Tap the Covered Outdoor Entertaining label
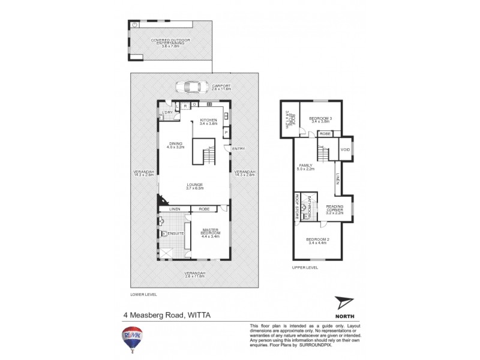[x=170, y=41]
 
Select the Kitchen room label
[x=208, y=122]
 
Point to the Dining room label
[x=175, y=145]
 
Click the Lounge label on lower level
[x=194, y=186]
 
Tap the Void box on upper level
[x=345, y=150]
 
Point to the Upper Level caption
[x=305, y=267]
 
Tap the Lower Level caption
[x=143, y=295]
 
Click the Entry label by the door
[x=238, y=149]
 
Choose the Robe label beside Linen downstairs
[x=203, y=209]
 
